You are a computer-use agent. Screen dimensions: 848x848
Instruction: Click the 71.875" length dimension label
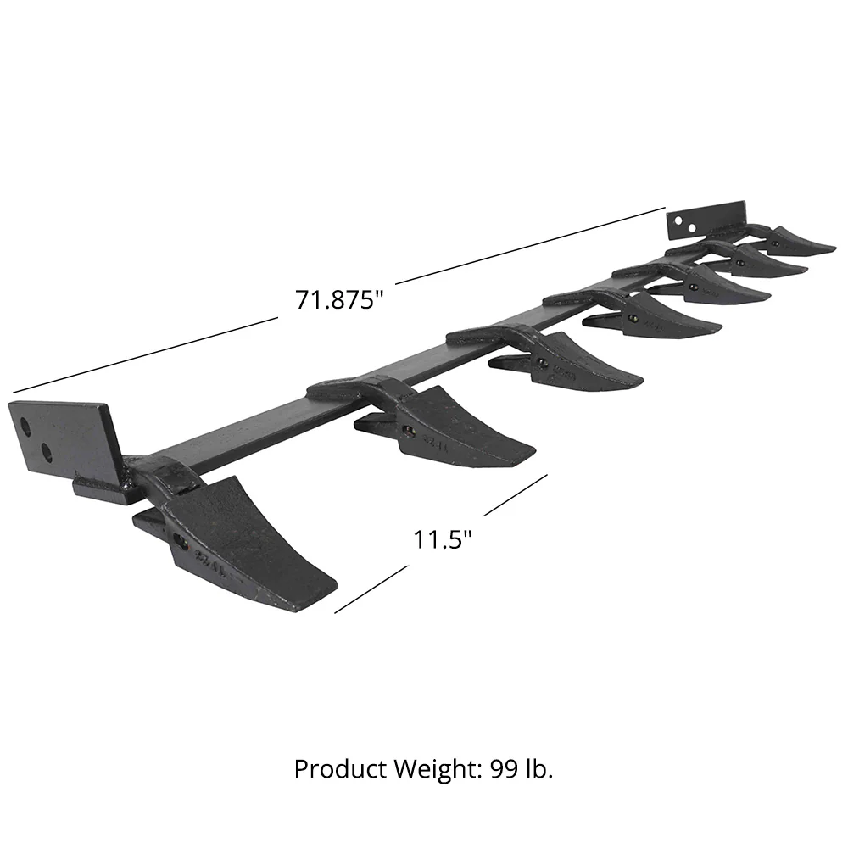[x=335, y=300]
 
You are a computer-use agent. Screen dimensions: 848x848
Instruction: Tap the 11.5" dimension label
[x=442, y=539]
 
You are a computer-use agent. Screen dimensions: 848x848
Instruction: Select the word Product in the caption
[x=333, y=769]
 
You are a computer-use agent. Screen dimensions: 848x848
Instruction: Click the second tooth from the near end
[x=458, y=424]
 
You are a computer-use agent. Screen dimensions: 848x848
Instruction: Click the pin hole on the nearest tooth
[x=179, y=540]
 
